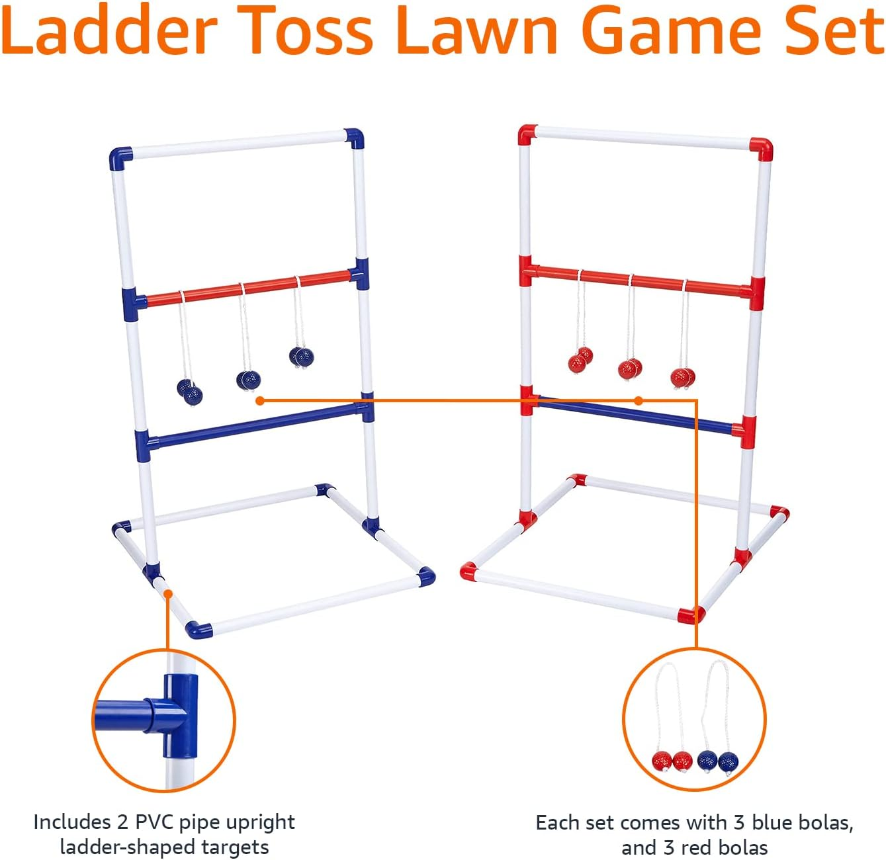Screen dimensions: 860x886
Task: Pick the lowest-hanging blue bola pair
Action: [190, 392]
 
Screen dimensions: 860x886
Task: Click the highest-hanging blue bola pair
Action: [302, 357]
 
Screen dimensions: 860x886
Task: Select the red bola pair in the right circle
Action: [672, 761]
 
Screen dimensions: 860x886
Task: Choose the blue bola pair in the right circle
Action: [717, 761]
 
